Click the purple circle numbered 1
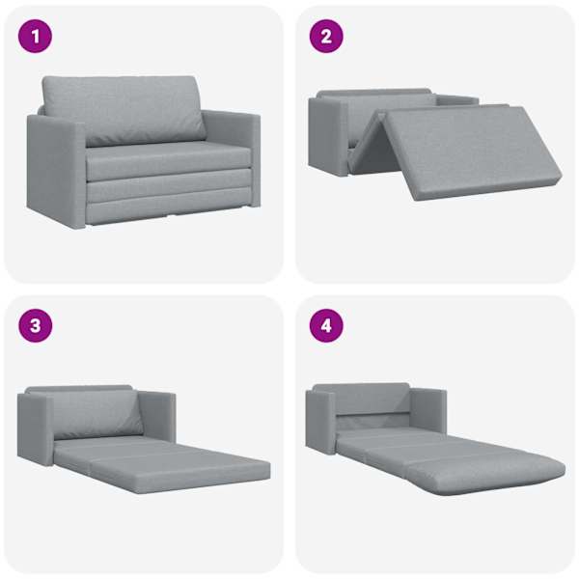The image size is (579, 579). [x=35, y=37]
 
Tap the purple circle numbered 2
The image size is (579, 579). [x=326, y=37]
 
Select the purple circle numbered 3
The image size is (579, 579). [x=35, y=325]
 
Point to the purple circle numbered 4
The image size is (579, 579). [x=326, y=325]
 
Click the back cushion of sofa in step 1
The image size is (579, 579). [x=124, y=110]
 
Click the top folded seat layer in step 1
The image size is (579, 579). [x=168, y=160]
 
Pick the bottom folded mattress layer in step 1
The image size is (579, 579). [x=169, y=207]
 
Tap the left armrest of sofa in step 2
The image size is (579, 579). [x=328, y=136]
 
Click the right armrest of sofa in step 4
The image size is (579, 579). [x=427, y=411]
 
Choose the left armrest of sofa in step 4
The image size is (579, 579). [x=321, y=422]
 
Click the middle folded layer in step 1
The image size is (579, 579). [x=168, y=183]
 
